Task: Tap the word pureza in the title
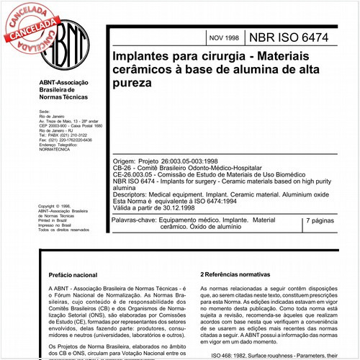pyautogui.click(x=132, y=84)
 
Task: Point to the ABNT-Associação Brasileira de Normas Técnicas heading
pyautogui.click(x=64, y=93)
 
